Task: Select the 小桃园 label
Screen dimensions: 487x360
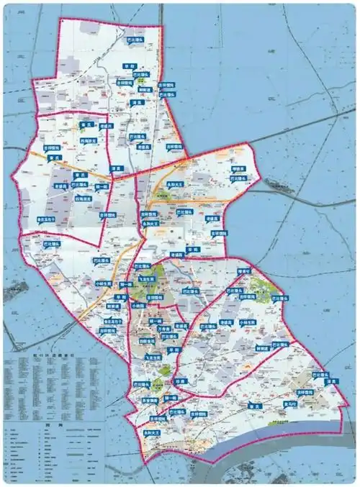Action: (138, 306)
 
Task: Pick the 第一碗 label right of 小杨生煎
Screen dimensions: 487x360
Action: (127, 284)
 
